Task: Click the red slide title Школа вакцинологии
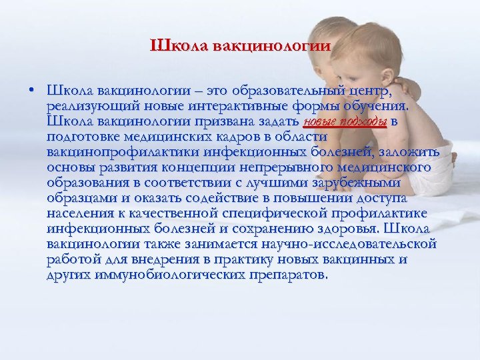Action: (x=240, y=46)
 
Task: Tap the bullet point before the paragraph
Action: (x=32, y=90)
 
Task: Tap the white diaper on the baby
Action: (x=430, y=177)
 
